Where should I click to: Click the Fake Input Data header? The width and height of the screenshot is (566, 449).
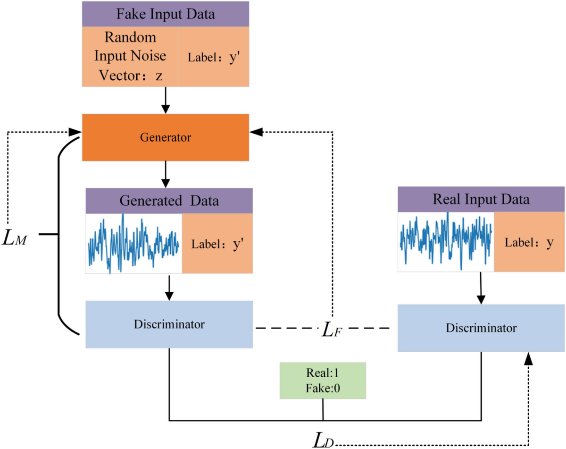click(x=165, y=14)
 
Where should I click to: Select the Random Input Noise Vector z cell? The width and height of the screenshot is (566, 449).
click(x=130, y=56)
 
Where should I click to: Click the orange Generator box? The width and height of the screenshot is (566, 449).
click(x=165, y=138)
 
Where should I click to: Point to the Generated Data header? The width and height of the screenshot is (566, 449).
click(x=169, y=201)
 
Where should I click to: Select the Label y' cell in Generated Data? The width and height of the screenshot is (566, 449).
click(x=217, y=244)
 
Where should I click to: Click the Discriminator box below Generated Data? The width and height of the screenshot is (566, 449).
click(x=169, y=324)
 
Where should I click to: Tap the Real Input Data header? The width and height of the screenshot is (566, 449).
click(x=481, y=199)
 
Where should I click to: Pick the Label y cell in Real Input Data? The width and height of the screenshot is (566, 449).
click(x=529, y=242)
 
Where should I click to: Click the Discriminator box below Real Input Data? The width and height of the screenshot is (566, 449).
click(x=481, y=328)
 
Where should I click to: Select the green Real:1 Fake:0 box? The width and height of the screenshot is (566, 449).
click(x=323, y=381)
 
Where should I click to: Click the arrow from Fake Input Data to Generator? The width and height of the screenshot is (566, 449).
click(x=165, y=100)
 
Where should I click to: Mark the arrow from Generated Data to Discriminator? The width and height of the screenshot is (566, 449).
click(x=169, y=287)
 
